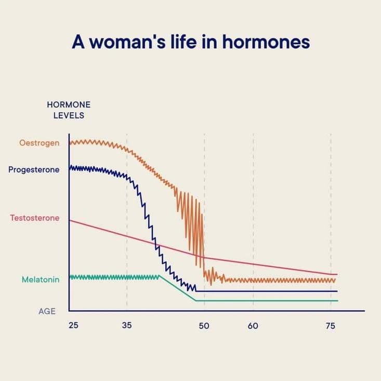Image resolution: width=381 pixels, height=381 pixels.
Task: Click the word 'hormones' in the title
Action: [266, 42]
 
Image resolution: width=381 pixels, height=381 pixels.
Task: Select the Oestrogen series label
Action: [40, 142]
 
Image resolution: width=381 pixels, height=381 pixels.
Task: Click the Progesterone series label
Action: [34, 169]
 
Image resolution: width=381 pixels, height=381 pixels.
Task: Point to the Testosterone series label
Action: [35, 218]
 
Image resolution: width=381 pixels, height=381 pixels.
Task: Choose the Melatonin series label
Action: [41, 280]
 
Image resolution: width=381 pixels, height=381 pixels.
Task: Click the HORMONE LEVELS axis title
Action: [69, 110]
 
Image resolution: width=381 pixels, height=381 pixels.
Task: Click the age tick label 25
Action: [73, 326]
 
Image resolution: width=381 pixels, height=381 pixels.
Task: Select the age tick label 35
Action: [127, 326]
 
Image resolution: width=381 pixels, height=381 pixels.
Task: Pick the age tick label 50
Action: [204, 326]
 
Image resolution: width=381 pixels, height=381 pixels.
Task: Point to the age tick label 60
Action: [253, 326]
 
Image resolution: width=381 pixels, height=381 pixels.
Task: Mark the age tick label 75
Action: [331, 326]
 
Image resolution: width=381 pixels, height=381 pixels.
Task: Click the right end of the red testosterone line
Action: [337, 274]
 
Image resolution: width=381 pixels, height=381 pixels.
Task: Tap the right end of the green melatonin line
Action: [337, 300]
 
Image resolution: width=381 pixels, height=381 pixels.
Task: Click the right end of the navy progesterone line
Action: [337, 291]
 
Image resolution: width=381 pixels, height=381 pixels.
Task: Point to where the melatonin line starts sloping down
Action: [160, 277]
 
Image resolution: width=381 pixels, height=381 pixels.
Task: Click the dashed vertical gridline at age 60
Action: [253, 208]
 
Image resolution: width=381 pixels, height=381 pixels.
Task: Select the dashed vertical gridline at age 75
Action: [331, 208]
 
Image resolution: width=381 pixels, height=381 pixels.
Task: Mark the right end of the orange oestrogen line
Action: [336, 280]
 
